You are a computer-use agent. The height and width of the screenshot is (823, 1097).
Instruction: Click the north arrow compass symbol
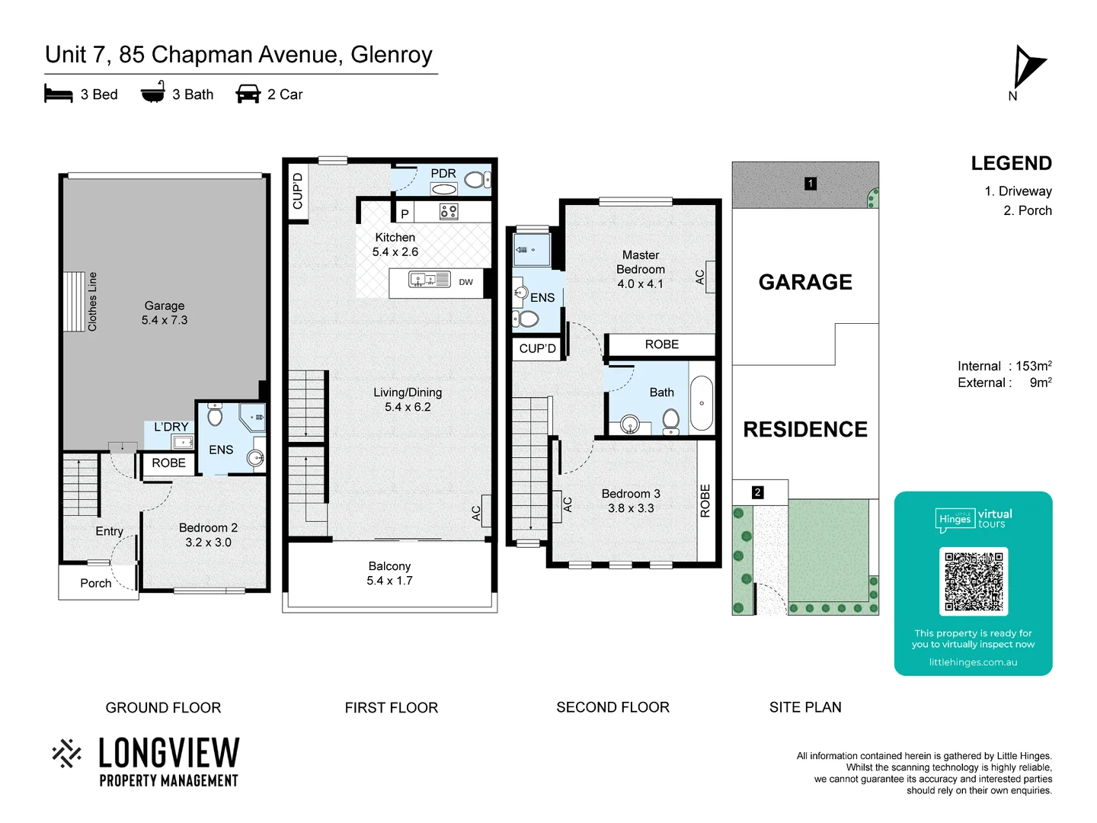[x=1028, y=69]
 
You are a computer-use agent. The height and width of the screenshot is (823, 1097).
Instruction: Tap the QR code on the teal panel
[x=974, y=581]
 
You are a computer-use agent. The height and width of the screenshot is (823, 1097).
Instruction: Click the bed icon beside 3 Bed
[x=59, y=94]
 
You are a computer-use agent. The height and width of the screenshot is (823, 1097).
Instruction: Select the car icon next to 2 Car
[x=248, y=94]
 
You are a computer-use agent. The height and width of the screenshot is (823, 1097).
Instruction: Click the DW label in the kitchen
[x=465, y=282]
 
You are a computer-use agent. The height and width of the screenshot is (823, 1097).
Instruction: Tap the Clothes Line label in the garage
[x=93, y=302]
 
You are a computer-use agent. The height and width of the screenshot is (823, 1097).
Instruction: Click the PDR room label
[x=443, y=174]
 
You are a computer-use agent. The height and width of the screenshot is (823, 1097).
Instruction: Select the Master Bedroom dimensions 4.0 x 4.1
[x=640, y=284]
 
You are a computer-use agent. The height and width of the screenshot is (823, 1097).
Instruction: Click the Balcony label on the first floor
[x=389, y=566]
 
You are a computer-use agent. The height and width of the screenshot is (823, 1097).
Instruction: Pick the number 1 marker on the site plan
[x=811, y=184]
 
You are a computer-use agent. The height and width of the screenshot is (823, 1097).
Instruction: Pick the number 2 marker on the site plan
[x=757, y=492]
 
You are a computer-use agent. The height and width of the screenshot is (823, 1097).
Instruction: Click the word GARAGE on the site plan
[x=805, y=282]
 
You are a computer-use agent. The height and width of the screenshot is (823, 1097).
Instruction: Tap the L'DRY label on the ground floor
[x=171, y=427]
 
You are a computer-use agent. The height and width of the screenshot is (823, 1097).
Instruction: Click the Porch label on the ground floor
[x=96, y=583]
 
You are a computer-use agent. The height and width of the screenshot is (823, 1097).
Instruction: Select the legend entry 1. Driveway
[x=1018, y=191]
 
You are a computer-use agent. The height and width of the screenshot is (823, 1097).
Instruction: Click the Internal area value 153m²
[x=1033, y=367]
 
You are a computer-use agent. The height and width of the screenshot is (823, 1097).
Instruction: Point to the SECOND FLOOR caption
[x=612, y=707]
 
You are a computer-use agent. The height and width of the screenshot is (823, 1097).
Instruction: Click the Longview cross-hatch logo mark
[x=67, y=753]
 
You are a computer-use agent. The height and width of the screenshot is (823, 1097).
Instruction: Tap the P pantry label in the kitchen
[x=405, y=214]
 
